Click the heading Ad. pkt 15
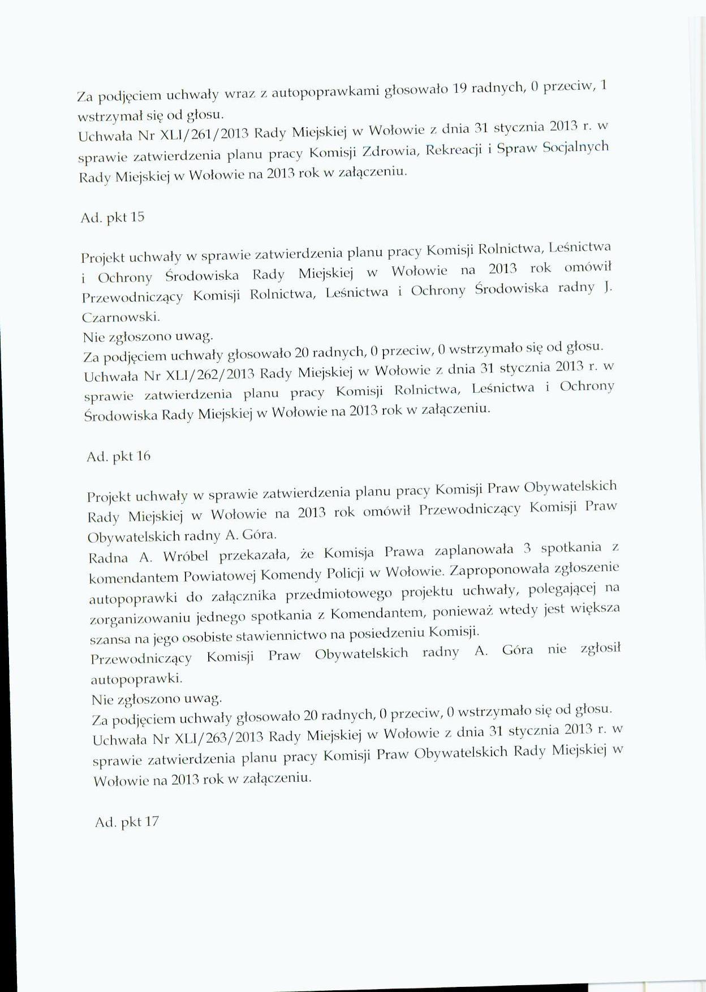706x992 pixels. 113,218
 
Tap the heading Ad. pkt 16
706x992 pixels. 118,457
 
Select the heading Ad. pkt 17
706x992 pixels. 127,822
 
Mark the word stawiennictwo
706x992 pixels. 275,636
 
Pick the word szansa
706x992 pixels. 111,640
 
